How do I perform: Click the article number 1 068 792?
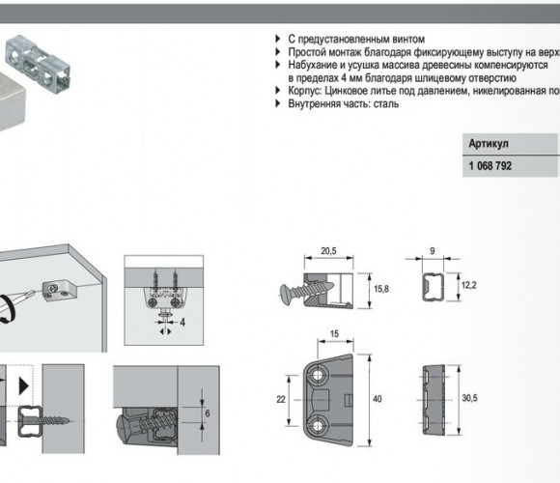[x=490, y=166]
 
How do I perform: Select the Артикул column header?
[x=489, y=144]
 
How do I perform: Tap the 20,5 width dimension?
[x=328, y=251]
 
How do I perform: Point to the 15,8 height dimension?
[x=381, y=289]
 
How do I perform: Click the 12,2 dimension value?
[x=468, y=285]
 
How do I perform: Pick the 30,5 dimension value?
[x=469, y=398]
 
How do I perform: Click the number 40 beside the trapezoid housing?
[x=378, y=399]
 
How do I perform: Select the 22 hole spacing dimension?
[x=281, y=399]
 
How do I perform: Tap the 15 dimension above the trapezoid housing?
[x=334, y=334]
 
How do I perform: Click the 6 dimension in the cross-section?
[x=208, y=413]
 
